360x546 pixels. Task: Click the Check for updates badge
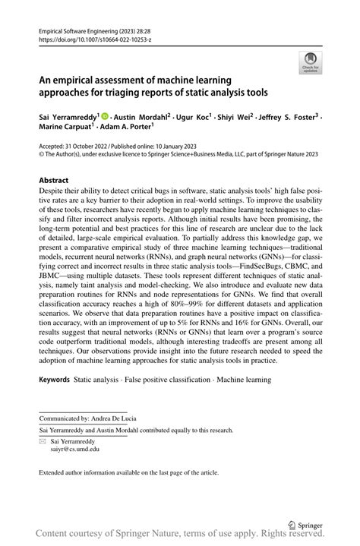tap(309, 65)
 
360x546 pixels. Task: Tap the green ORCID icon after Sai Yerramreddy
tap(104, 117)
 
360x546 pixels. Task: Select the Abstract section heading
tap(57, 181)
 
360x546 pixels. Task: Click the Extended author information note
tap(129, 472)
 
